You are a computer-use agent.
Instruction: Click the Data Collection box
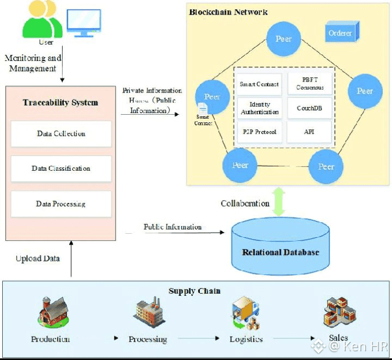[x=61, y=134]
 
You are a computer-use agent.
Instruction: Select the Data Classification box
[x=61, y=169]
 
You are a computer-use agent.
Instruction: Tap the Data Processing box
[x=61, y=204]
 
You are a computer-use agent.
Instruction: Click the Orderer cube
[x=340, y=33]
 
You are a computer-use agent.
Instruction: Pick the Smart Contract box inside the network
[x=259, y=84]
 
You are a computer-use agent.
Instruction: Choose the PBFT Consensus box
[x=309, y=84]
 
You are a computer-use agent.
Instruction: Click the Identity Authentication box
[x=259, y=108]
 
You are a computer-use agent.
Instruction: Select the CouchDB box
[x=309, y=108]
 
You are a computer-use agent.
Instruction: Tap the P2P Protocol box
[x=259, y=132]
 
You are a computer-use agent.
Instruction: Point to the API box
[x=309, y=132]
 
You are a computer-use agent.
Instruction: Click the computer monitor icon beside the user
[x=83, y=23]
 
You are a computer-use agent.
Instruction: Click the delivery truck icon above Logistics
[x=245, y=314]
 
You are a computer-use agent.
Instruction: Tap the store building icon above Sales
[x=339, y=312]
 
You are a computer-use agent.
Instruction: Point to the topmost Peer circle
[x=284, y=39]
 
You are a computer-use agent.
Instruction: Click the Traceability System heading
[x=60, y=102]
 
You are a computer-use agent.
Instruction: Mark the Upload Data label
[x=38, y=259]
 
